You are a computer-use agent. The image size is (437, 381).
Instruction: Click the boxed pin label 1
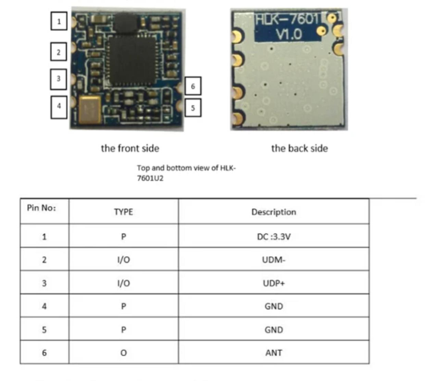pos(59,21)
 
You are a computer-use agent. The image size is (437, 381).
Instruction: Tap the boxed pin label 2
pos(59,52)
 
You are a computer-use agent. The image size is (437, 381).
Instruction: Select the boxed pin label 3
pos(59,79)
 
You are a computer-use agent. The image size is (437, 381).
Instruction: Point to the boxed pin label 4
pos(59,107)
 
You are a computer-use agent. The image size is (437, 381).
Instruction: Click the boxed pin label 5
pos(193,108)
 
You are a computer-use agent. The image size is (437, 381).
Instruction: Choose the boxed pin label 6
pos(193,86)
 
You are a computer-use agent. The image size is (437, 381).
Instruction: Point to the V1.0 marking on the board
pos(289,34)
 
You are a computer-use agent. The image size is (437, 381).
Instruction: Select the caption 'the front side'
pos(130,148)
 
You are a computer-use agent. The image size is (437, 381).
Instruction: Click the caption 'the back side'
pos(299,148)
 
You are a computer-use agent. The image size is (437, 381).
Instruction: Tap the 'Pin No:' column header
pos(41,208)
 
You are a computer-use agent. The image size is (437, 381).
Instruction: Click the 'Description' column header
pos(274,212)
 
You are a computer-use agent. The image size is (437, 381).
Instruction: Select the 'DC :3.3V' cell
pos(274,237)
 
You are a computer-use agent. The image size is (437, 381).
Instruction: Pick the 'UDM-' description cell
pos(274,260)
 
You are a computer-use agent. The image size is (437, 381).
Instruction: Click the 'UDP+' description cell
pos(274,283)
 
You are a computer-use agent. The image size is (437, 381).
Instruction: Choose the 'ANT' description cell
pos(274,353)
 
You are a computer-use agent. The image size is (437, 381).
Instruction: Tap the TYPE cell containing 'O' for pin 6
pos(124,353)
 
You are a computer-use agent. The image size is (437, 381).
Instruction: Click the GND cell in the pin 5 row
pos(274,330)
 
